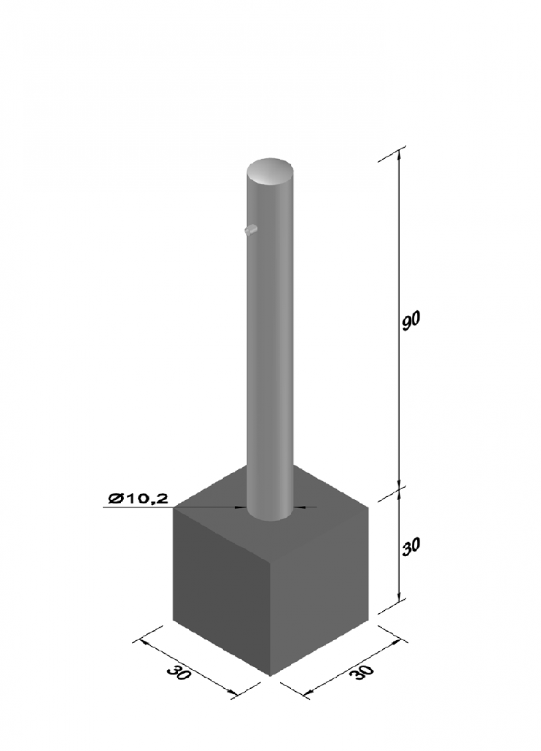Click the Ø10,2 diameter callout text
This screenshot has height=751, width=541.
click(x=137, y=499)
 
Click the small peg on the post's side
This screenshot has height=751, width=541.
click(x=251, y=230)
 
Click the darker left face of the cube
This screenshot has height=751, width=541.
click(x=221, y=590)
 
